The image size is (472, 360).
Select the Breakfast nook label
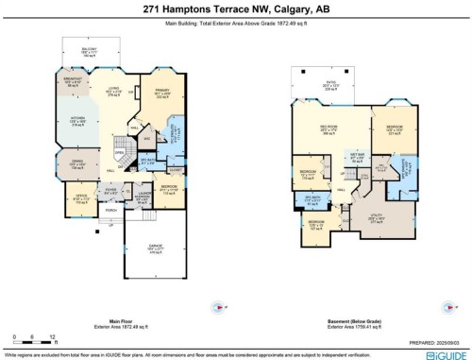tap(72, 83)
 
